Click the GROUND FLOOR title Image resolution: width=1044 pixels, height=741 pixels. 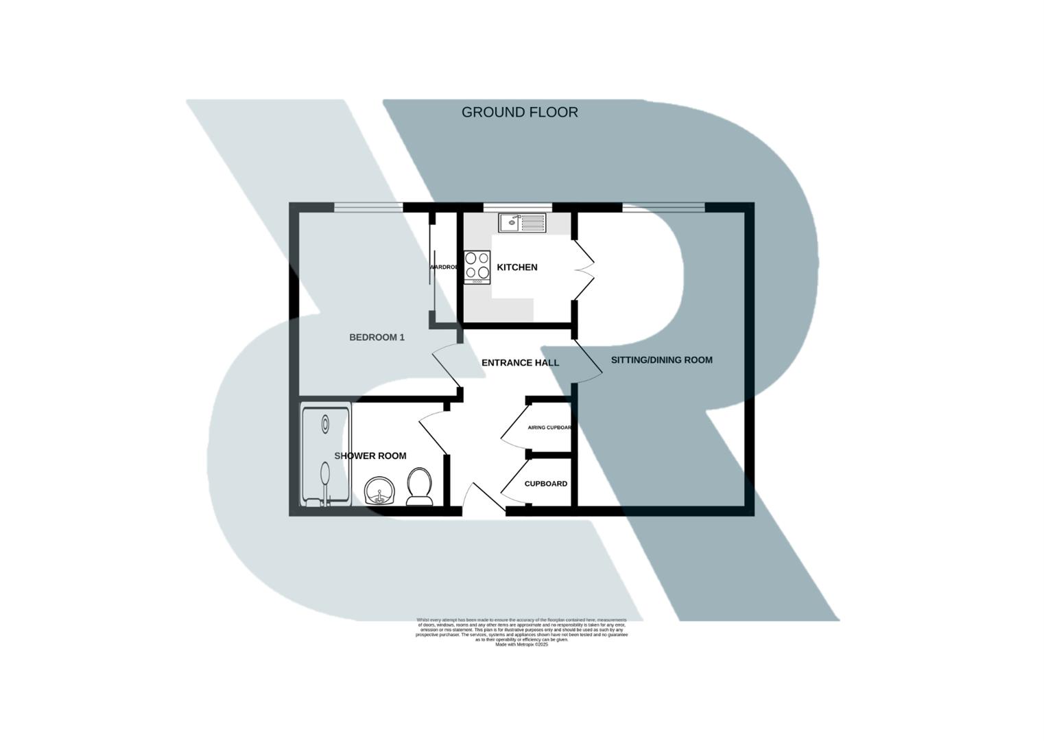coord(519,113)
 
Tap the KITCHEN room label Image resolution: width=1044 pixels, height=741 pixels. coord(517,267)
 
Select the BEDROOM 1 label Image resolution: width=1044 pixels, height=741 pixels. coord(377,337)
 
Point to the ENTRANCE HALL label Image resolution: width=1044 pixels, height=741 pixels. coord(520,362)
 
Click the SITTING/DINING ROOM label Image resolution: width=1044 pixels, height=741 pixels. coord(661,360)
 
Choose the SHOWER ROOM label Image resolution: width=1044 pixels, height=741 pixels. coord(370,456)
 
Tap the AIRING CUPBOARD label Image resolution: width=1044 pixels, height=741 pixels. coord(549,427)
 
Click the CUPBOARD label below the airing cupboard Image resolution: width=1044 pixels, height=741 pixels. coord(545,484)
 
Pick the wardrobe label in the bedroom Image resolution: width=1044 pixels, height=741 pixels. coord(443,267)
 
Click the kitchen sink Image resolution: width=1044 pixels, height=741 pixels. coord(521,223)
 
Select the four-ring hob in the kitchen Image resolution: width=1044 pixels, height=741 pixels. coord(477,268)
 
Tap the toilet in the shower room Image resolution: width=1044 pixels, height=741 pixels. coord(419,486)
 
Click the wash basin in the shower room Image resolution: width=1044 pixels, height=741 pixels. coord(379,491)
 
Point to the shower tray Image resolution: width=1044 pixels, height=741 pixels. coord(326,455)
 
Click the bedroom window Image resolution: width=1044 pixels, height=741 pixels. coord(368,207)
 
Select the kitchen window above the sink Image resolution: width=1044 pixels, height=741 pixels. coord(517,207)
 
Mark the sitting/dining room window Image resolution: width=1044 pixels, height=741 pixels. coord(663,207)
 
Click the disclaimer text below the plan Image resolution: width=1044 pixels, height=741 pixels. coord(521,632)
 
